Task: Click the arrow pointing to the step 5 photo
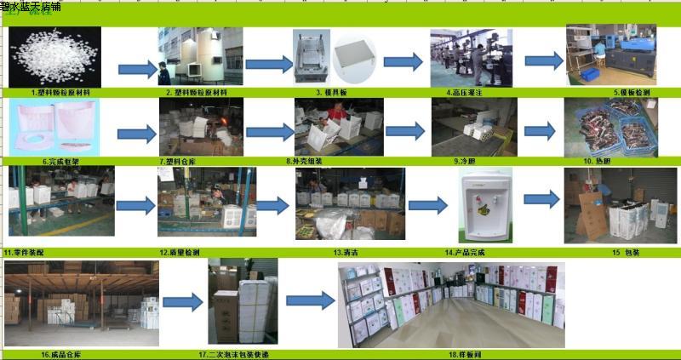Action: [543, 61]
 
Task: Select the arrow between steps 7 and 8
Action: [269, 132]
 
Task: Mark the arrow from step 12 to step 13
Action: [272, 205]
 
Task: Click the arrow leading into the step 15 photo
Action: [541, 200]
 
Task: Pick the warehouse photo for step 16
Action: [82, 302]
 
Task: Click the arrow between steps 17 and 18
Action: [309, 300]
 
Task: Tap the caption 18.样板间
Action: [452, 353]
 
